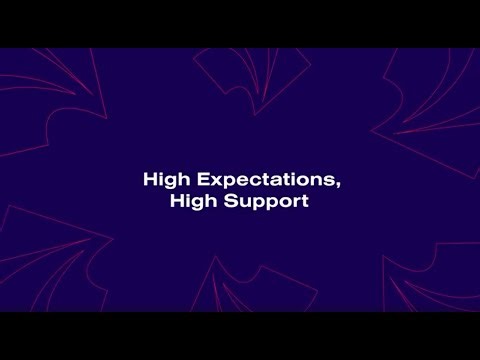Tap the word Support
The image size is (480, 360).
pos(272,201)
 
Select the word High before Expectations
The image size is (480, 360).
pos(163,181)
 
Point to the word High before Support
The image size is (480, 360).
pos(191,201)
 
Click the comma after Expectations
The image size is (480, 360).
pos(335,186)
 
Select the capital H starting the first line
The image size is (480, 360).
pos(149,181)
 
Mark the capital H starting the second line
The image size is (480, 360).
pos(177,201)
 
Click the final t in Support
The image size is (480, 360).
pos(303,201)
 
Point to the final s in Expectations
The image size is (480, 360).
pos(327,182)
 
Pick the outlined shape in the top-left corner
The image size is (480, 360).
pos(50,95)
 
